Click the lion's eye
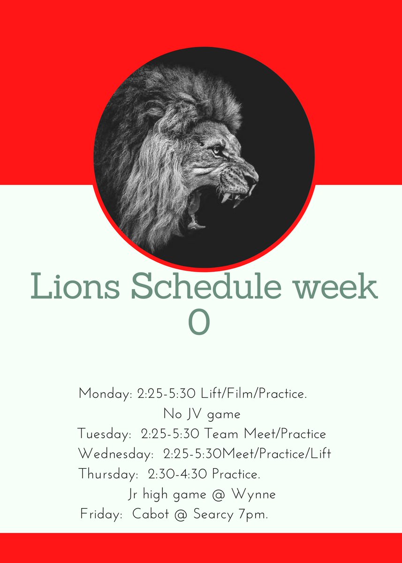tap(216, 150)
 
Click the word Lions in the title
tap(75, 288)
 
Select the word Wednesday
tap(117, 454)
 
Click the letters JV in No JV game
tap(190, 414)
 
